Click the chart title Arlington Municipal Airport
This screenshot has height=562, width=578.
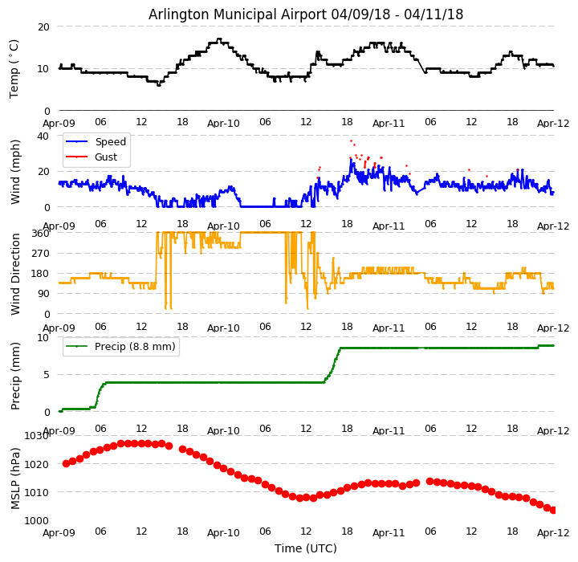(306, 14)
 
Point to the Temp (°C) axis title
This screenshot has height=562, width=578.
(14, 68)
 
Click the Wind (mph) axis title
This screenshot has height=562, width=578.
(16, 171)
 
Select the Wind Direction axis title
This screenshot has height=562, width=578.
(16, 274)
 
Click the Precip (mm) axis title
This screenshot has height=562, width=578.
(16, 376)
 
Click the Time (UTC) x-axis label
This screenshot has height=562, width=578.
(306, 548)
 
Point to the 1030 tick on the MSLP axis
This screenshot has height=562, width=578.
(37, 436)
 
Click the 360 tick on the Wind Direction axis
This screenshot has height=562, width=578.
(41, 234)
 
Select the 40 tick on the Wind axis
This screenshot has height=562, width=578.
(44, 136)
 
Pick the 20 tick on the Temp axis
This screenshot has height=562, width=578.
(44, 26)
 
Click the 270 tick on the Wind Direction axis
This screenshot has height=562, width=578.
(41, 254)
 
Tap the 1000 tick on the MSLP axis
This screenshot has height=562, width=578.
(37, 521)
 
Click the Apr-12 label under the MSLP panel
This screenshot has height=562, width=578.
(553, 533)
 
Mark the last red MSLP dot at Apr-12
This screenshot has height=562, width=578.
(553, 510)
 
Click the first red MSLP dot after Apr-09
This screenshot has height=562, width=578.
(66, 463)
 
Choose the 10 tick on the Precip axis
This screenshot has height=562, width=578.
(44, 338)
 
